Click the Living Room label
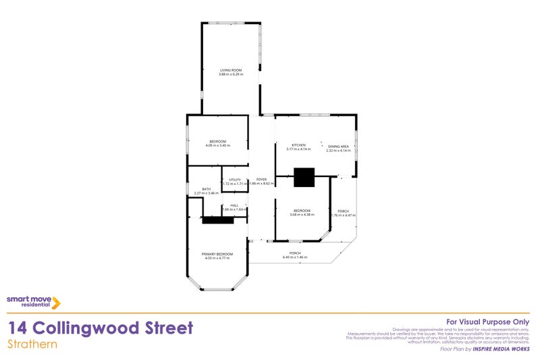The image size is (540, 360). pyautogui.click(x=230, y=70)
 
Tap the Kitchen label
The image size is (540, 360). pyautogui.click(x=298, y=145)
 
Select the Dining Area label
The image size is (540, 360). pyautogui.click(x=338, y=147)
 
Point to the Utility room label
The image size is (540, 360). pyautogui.click(x=234, y=180)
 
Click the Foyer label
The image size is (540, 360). pyautogui.click(x=261, y=180)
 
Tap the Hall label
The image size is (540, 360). pyautogui.click(x=234, y=205)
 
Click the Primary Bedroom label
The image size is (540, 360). pyautogui.click(x=217, y=254)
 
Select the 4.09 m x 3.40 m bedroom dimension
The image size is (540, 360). pyautogui.click(x=217, y=145)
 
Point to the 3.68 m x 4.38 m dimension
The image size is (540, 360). pyautogui.click(x=301, y=215)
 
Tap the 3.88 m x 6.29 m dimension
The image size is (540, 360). pyautogui.click(x=230, y=74)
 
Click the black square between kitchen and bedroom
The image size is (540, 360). pyautogui.click(x=304, y=177)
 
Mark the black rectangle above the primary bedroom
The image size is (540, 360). pyautogui.click(x=217, y=220)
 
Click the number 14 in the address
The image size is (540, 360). pyautogui.click(x=18, y=328)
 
